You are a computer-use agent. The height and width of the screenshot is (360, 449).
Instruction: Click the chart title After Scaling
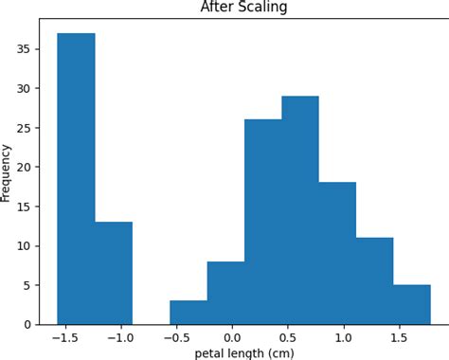243,8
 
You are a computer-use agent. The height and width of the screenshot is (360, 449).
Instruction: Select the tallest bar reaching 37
76,180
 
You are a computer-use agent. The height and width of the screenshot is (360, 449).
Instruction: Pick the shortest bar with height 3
189,313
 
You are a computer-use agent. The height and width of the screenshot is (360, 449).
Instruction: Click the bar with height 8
225,293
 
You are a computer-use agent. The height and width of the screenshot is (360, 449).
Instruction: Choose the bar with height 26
262,222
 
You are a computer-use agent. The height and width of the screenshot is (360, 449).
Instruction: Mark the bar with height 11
374,280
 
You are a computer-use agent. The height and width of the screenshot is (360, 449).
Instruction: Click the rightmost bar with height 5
412,304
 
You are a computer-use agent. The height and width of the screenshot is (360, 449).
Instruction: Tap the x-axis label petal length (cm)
244,353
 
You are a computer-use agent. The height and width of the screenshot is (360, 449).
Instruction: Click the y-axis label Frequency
8,172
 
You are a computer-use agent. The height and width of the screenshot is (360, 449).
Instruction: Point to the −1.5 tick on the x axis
64,336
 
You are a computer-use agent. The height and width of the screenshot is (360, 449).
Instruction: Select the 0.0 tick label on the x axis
232,336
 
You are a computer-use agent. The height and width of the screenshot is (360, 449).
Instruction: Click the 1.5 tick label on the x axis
400,336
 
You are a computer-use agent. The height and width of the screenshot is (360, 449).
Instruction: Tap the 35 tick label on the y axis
24,49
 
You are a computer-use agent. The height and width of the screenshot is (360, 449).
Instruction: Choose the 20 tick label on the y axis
24,167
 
